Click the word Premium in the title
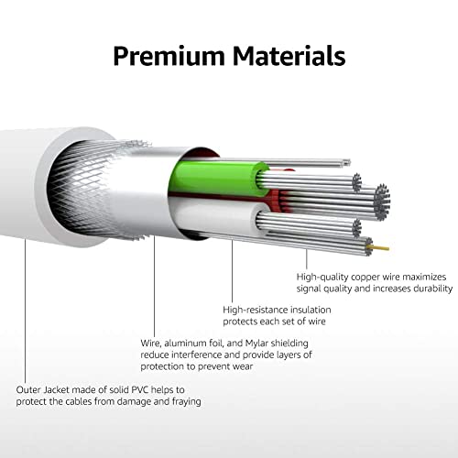[169, 56]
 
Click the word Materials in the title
[289, 55]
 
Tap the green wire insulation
[218, 179]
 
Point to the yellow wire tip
[381, 247]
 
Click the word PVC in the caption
[140, 390]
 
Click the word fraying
[186, 401]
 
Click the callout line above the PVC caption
[25, 311]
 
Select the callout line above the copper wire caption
[307, 259]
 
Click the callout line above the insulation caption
[232, 271]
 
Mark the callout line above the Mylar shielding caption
[154, 286]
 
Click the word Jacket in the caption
[57, 390]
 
